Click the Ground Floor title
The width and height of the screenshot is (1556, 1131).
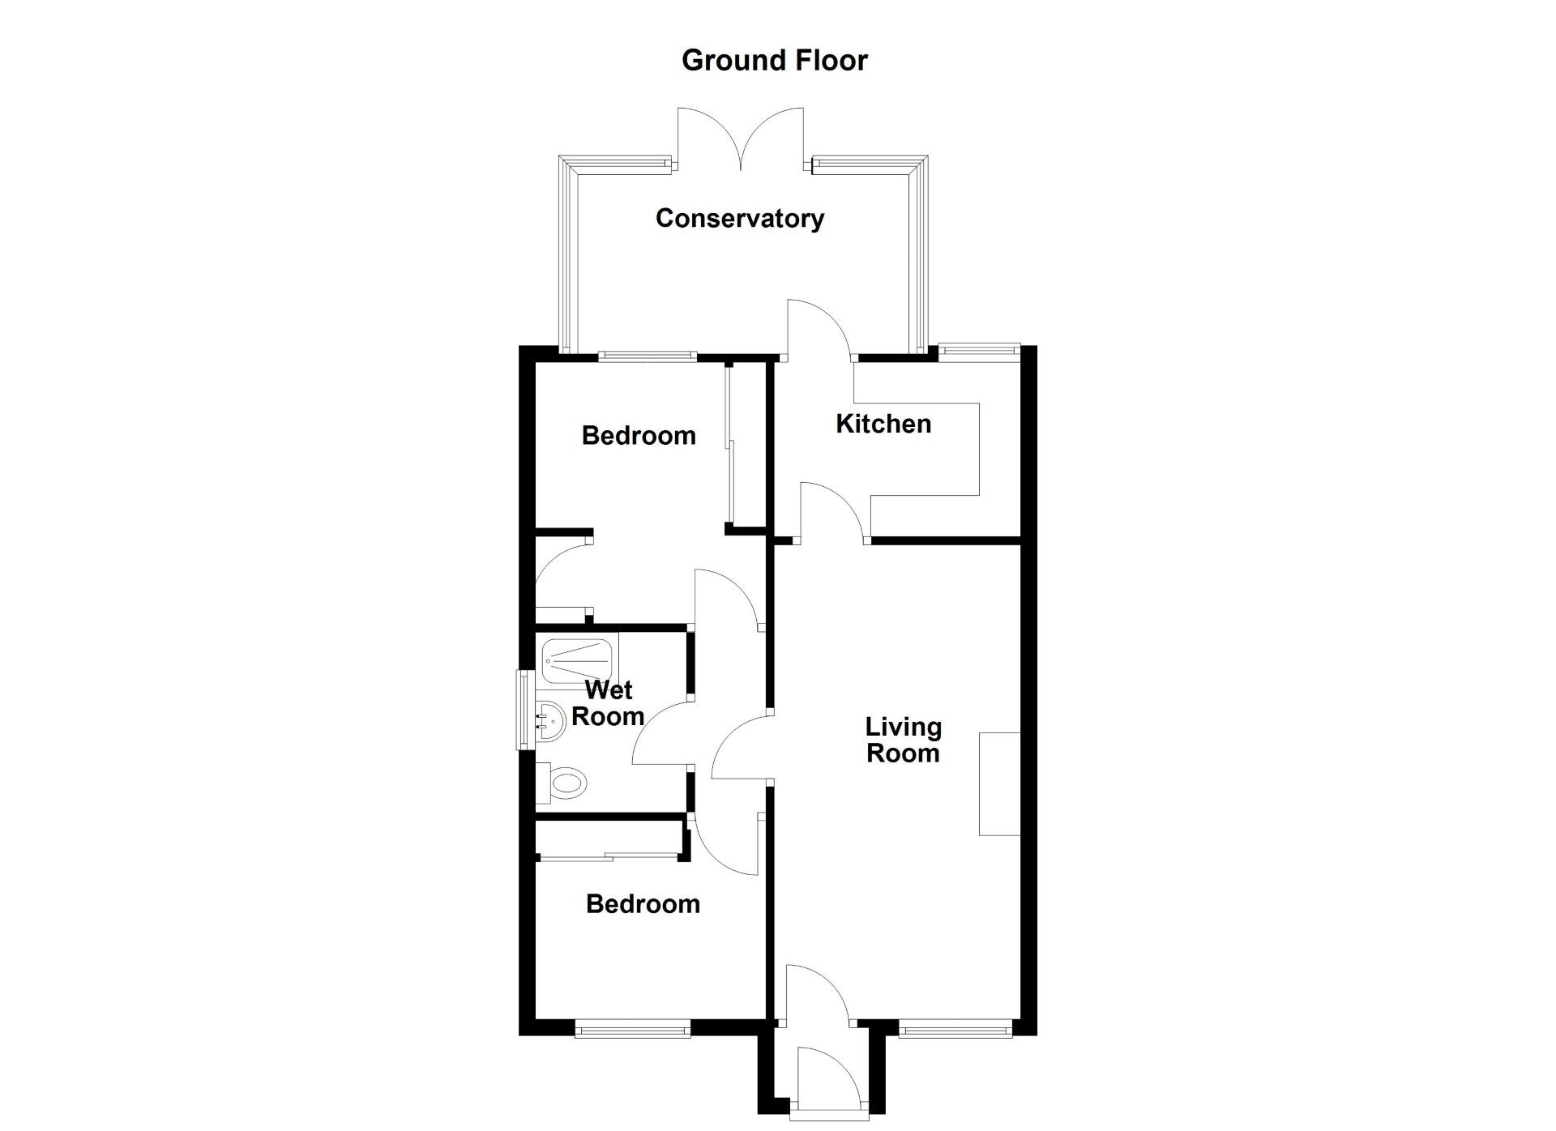[x=774, y=61]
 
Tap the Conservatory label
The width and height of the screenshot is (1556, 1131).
[x=739, y=219]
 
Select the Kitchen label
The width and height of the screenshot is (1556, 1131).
[x=883, y=424]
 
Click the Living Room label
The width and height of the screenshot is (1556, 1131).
[x=903, y=740]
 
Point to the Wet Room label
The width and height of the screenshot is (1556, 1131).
[x=608, y=703]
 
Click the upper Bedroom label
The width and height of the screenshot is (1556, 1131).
[x=639, y=436]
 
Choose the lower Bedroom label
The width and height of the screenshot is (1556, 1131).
[x=643, y=904]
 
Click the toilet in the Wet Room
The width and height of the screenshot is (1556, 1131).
[x=565, y=783]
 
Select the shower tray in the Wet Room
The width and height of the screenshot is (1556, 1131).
[x=576, y=658]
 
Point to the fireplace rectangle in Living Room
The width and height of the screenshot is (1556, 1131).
[x=999, y=783]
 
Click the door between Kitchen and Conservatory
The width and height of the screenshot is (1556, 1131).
[x=817, y=328]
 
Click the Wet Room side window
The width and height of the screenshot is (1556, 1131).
[x=525, y=710]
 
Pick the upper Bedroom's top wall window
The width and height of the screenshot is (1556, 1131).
[x=648, y=355]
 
